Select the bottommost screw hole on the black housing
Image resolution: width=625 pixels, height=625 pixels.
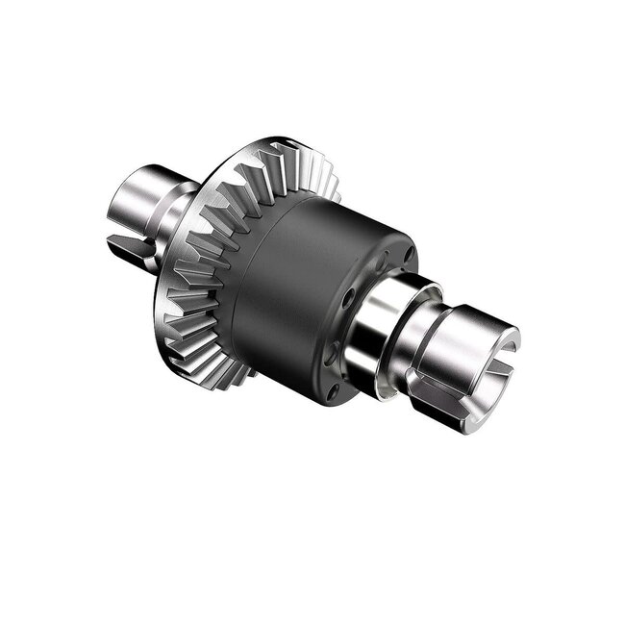[333, 391]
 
